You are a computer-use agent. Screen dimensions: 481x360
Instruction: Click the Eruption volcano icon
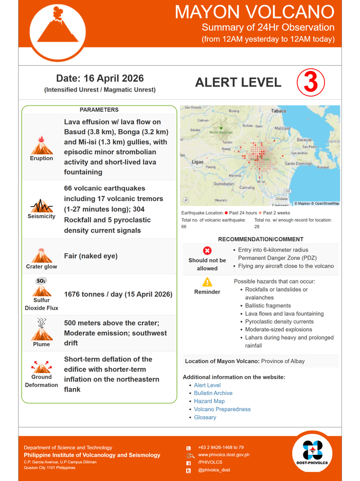tap(41, 145)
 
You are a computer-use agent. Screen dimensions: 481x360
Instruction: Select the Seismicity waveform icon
tap(41, 206)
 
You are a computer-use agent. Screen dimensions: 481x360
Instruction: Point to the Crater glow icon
tap(41, 255)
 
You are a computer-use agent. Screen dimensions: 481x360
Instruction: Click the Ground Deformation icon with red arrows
tap(41, 367)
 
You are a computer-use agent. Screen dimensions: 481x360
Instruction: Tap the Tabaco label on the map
tap(278, 111)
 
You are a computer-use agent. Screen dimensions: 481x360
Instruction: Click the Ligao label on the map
tap(197, 162)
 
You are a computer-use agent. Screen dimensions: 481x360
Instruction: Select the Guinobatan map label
tap(224, 183)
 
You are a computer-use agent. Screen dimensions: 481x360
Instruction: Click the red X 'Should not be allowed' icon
tap(207, 251)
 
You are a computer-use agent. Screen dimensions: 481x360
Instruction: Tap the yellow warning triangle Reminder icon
tap(207, 282)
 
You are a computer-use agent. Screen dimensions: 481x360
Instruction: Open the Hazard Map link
tap(209, 401)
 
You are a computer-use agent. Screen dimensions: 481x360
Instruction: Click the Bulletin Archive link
tap(213, 393)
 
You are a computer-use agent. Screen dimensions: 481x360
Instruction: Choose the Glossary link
tap(205, 417)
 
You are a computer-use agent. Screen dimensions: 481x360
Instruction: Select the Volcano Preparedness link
tap(222, 409)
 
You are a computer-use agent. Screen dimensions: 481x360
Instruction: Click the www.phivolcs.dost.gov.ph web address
tap(224, 455)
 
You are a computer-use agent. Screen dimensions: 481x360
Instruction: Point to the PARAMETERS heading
tap(99, 110)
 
